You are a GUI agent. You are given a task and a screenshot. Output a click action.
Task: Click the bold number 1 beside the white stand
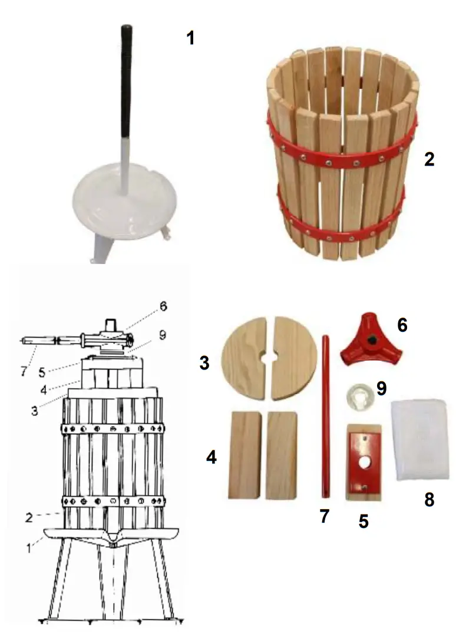tap(190, 38)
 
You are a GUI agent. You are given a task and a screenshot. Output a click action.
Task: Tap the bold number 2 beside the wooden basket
tap(429, 159)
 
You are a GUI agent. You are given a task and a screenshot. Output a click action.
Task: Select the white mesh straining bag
tap(422, 439)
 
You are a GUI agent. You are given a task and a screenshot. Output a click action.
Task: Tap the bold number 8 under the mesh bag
tap(429, 500)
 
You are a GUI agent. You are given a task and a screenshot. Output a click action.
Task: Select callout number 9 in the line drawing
tap(163, 334)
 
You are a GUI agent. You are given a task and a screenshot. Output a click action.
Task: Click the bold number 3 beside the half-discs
tap(204, 363)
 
